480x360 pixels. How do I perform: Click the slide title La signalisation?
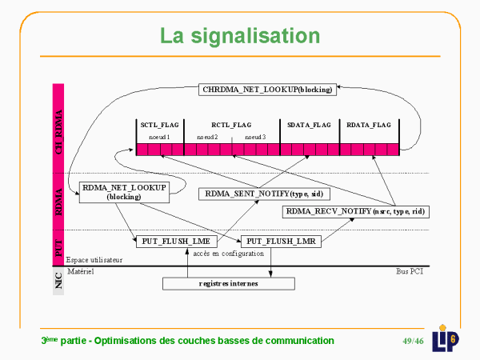click(x=239, y=36)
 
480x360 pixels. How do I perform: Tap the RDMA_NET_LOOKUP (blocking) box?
click(x=123, y=192)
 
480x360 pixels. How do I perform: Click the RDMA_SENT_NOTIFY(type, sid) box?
click(x=265, y=194)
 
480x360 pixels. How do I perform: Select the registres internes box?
click(x=228, y=283)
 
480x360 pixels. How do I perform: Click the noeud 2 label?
click(x=207, y=138)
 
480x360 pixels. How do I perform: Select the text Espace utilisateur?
click(x=94, y=260)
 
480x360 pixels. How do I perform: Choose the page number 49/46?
click(x=413, y=341)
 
